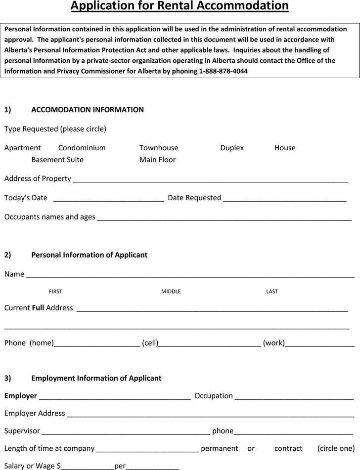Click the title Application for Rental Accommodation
pos(180,6)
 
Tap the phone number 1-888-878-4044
pos(224,71)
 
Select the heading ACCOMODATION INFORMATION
pos(88,110)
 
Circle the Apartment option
pos(23,148)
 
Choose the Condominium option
pos(82,148)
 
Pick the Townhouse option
pos(159,148)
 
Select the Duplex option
pos(232,148)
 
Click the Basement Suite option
pos(57,160)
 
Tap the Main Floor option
pos(157,160)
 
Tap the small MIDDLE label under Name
pos(171,292)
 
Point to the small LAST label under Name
pos(272,292)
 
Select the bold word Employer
pos(21,396)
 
